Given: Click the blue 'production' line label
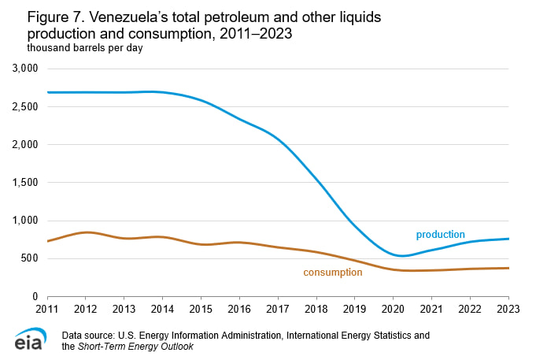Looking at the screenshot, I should (x=440, y=235).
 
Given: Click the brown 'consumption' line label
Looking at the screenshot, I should (x=332, y=273).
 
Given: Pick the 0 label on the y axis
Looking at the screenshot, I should (x=35, y=296).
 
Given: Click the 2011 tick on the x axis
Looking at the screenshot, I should (x=48, y=309).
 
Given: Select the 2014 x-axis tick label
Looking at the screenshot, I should (x=163, y=309).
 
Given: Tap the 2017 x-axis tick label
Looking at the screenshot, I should (x=278, y=309).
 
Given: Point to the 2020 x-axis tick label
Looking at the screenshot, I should (x=394, y=309).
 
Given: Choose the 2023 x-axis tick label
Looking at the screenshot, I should (x=508, y=309).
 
